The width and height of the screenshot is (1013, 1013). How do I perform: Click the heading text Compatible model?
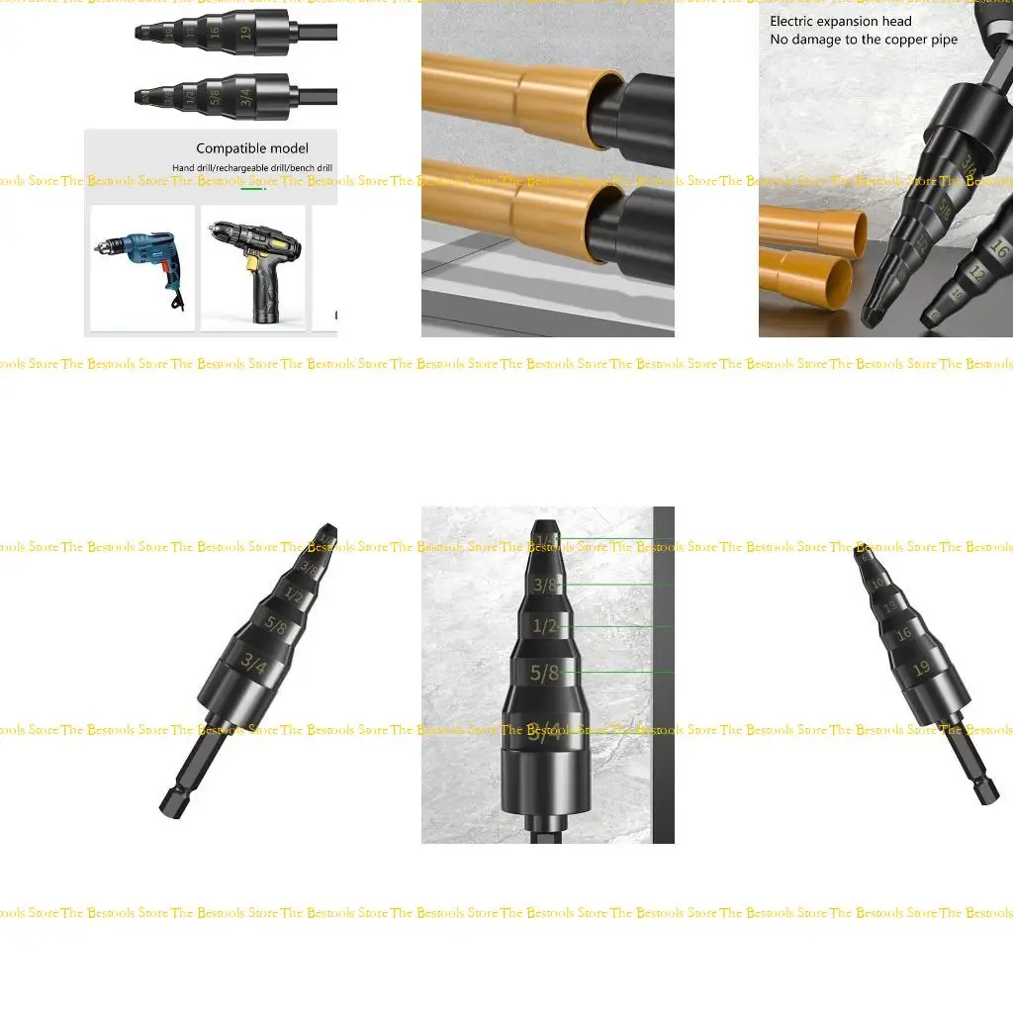tap(251, 148)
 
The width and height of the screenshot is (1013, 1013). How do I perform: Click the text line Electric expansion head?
tap(841, 21)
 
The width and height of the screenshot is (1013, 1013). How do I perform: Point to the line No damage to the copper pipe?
tap(864, 40)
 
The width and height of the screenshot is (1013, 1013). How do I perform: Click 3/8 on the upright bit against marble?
tap(545, 585)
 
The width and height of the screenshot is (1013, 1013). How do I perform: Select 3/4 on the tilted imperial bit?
tap(254, 667)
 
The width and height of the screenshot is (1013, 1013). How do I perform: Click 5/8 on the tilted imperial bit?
tap(275, 625)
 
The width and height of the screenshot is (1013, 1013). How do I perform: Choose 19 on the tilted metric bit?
tap(922, 669)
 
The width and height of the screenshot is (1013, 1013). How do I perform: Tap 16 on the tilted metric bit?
tap(903, 633)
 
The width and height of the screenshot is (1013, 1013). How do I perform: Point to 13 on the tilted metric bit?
tap(890, 605)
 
